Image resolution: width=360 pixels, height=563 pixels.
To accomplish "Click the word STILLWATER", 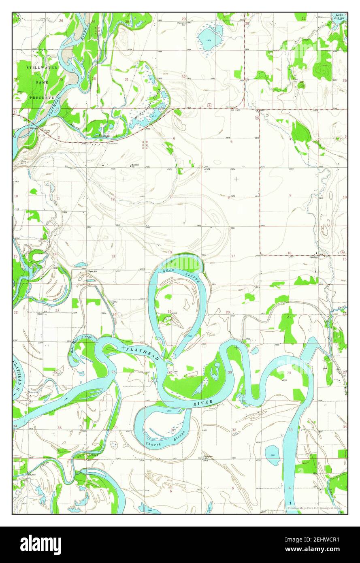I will [x=43, y=68].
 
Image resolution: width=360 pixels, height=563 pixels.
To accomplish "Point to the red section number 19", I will [x=170, y=311].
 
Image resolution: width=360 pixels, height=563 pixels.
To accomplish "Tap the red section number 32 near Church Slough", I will [x=234, y=430].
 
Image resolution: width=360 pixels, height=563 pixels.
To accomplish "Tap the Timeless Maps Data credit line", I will [x=315, y=508].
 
